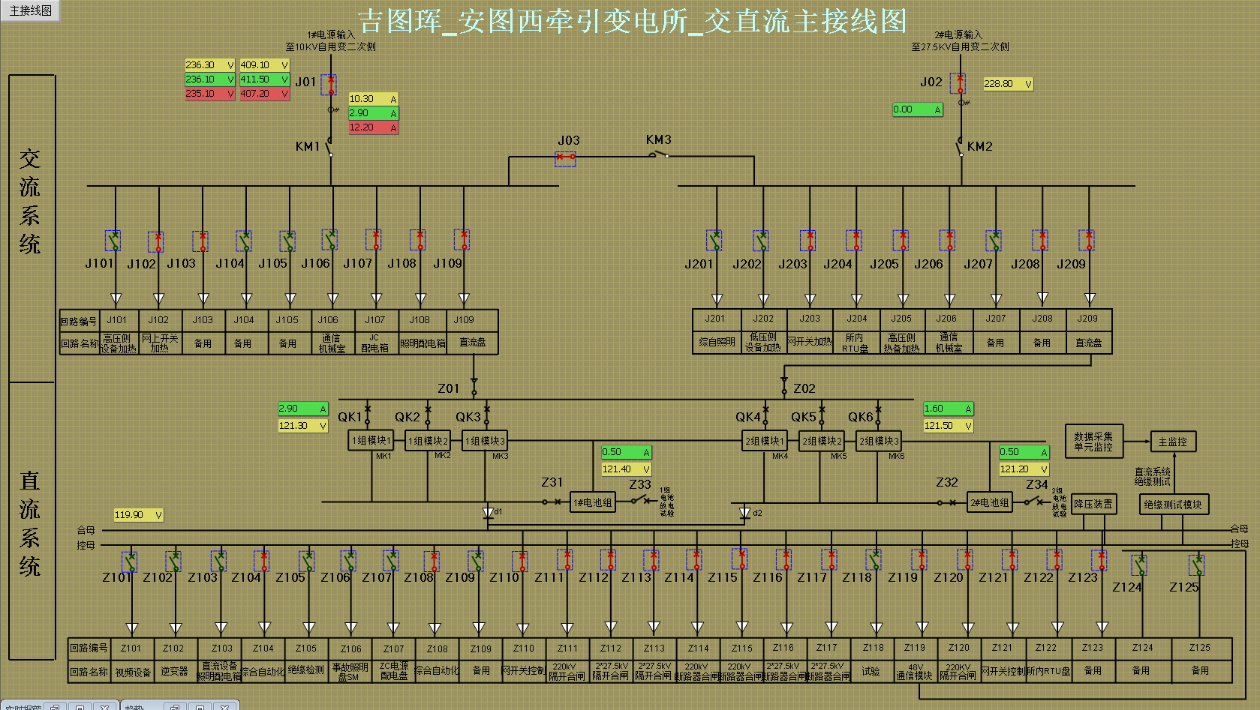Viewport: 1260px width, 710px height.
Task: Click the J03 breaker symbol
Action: pyautogui.click(x=565, y=158)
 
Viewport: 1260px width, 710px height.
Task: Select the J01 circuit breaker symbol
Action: pyautogui.click(x=329, y=84)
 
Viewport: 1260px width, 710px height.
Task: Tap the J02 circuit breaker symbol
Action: pyautogui.click(x=958, y=82)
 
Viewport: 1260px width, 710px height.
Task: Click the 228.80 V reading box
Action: pyautogui.click(x=1008, y=84)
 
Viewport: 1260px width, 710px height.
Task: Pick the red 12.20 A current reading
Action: pyautogui.click(x=373, y=127)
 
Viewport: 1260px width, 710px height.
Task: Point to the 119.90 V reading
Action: pyautogui.click(x=137, y=515)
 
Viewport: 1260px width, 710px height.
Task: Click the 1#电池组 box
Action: pyautogui.click(x=593, y=502)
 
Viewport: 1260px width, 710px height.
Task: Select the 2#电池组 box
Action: pyautogui.click(x=990, y=502)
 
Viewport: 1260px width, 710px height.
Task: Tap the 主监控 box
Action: pyautogui.click(x=1173, y=442)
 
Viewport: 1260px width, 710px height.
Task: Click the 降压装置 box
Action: pyautogui.click(x=1093, y=504)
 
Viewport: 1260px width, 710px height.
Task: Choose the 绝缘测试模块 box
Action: pyautogui.click(x=1173, y=505)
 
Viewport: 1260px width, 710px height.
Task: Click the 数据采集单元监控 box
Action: pyautogui.click(x=1093, y=442)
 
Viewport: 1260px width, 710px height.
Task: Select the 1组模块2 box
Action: pyautogui.click(x=429, y=441)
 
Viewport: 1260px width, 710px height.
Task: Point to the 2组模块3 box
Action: pyautogui.click(x=879, y=441)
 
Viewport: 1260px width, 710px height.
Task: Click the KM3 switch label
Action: pyautogui.click(x=658, y=140)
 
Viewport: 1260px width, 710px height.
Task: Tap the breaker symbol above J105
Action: pyautogui.click(x=287, y=241)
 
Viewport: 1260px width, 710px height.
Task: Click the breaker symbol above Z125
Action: pyautogui.click(x=1196, y=565)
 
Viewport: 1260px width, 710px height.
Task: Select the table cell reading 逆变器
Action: pyautogui.click(x=174, y=671)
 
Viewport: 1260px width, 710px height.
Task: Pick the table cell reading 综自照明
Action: pyautogui.click(x=717, y=342)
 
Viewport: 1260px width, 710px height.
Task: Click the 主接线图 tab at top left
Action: pyautogui.click(x=31, y=10)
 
